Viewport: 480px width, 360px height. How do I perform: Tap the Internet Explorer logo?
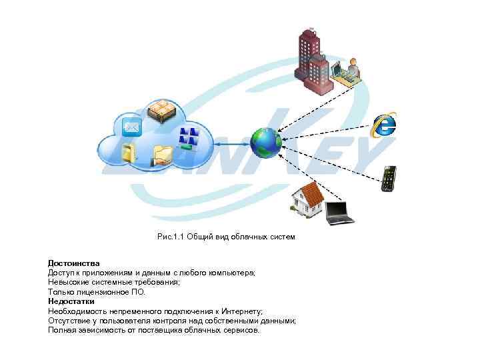(x=383, y=123)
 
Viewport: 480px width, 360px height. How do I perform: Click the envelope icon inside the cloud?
(x=132, y=127)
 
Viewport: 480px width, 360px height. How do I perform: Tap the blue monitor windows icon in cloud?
(x=190, y=137)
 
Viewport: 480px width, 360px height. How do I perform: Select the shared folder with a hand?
(x=162, y=155)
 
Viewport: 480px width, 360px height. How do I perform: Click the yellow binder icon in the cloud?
(x=129, y=153)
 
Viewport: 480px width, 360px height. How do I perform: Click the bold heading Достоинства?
(x=73, y=263)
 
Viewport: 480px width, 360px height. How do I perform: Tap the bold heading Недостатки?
(x=71, y=301)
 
